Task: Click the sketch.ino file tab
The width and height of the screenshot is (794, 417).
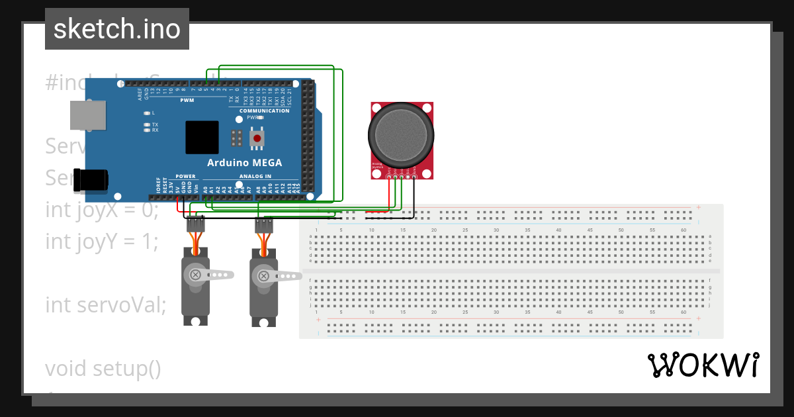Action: click(117, 29)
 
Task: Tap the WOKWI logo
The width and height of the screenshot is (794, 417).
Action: click(703, 365)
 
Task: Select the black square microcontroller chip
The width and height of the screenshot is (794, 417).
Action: click(202, 138)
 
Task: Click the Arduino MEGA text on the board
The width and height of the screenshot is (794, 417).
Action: click(244, 163)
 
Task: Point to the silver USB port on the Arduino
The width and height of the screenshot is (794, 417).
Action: click(88, 115)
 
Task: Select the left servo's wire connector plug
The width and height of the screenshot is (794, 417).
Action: click(195, 224)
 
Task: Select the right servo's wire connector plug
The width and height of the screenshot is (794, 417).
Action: click(264, 225)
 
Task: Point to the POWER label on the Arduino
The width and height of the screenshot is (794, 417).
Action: click(185, 177)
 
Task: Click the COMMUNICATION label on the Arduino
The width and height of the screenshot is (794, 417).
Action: click(265, 111)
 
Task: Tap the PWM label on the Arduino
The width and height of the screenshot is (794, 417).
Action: click(187, 101)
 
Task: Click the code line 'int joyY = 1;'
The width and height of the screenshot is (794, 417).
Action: click(102, 242)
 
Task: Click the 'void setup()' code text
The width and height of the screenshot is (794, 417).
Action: click(103, 368)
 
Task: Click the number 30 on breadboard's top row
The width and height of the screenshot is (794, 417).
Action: click(496, 230)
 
